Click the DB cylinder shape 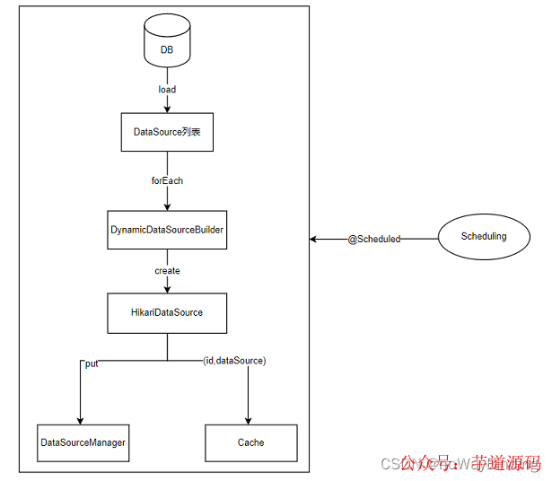167,47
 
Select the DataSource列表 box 167,132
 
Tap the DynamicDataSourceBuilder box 167,230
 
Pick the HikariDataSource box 167,312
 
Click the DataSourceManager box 83,442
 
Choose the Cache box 250,442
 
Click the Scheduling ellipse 483,237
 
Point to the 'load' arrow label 167,89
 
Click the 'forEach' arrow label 167,180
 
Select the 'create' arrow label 167,270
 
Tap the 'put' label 92,363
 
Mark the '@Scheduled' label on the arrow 373,240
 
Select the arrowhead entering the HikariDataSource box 167,288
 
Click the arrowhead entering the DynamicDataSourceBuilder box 167,206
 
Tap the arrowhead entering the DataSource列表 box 167,109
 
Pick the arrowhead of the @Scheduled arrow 314,240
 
